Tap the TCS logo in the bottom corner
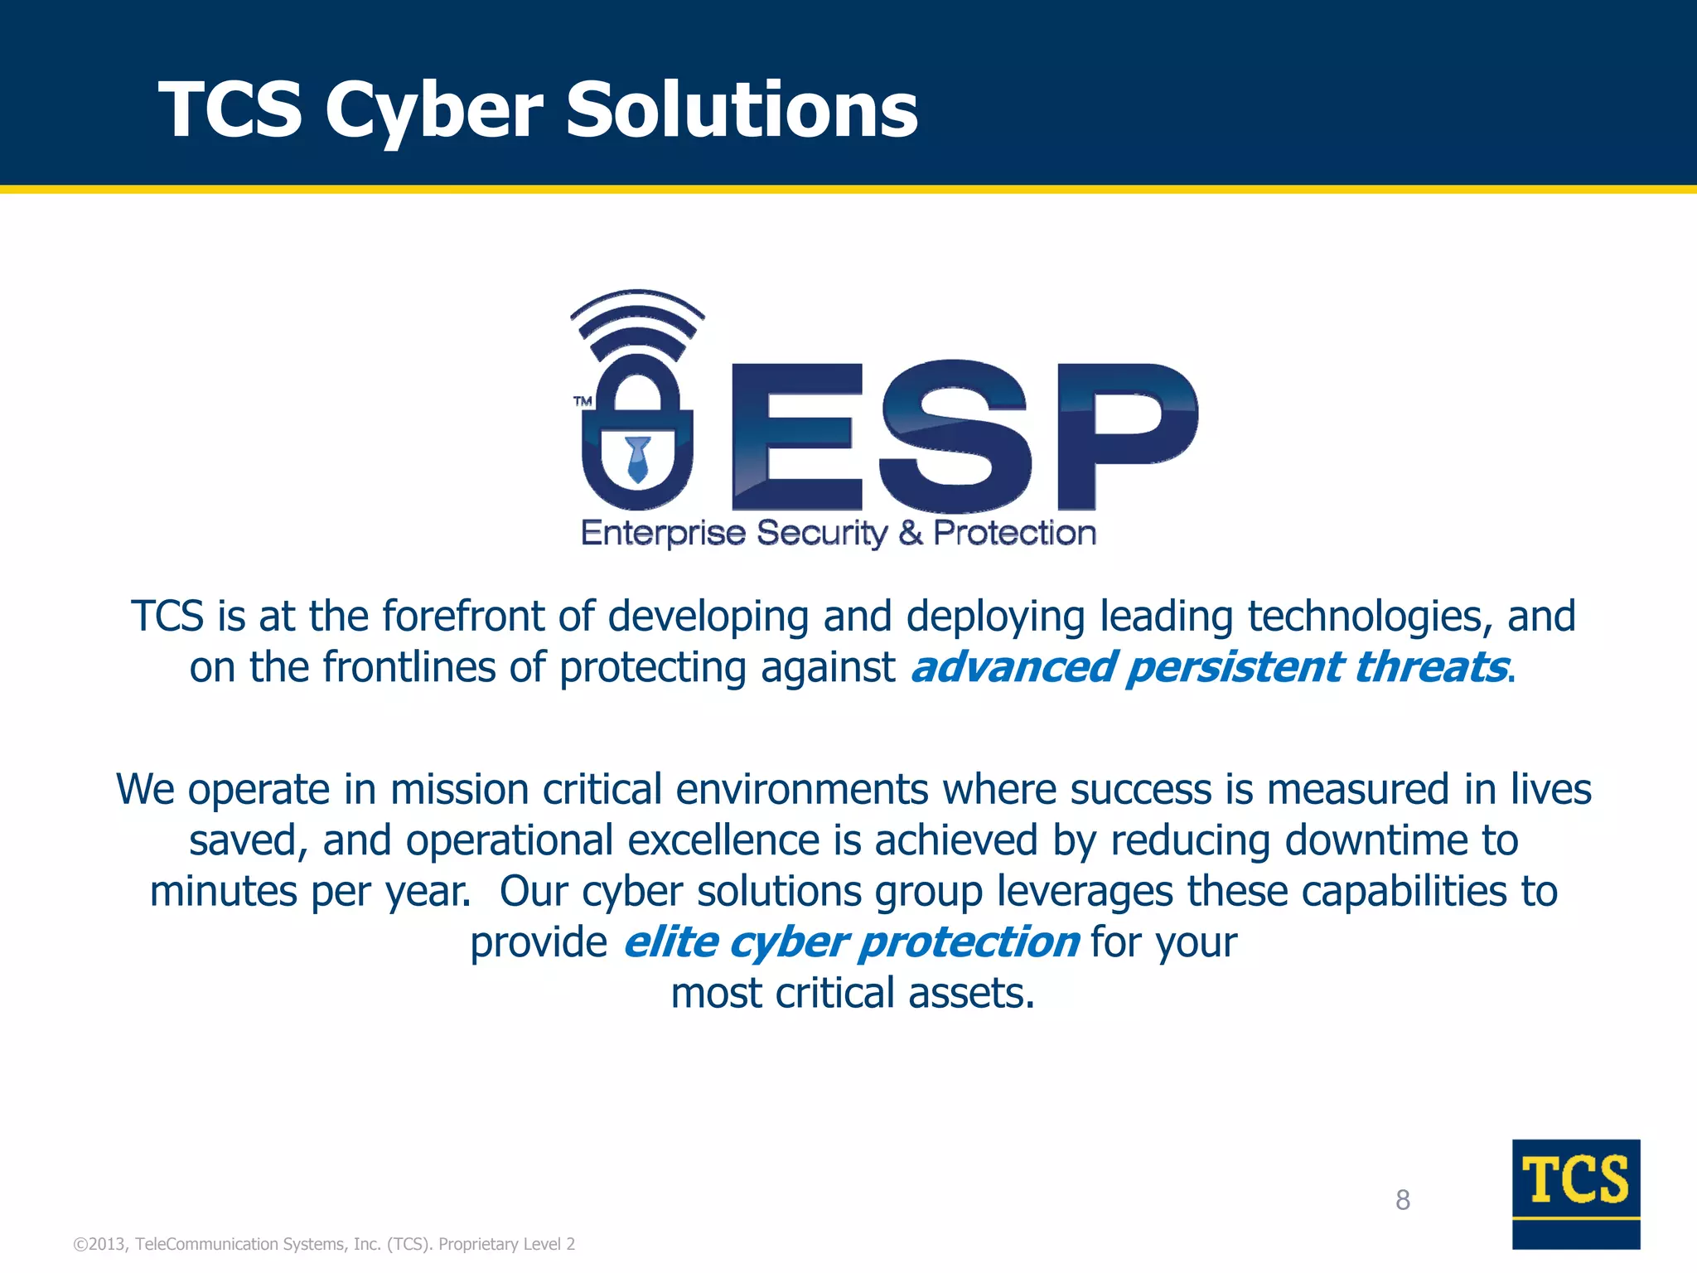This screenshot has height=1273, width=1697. coord(1575,1193)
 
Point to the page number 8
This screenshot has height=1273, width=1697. coord(1402,1199)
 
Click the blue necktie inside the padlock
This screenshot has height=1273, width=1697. coord(637,458)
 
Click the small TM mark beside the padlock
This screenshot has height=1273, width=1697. coord(583,401)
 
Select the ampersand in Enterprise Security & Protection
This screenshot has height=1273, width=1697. coord(910,533)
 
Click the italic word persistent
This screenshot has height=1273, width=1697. coord(1233,667)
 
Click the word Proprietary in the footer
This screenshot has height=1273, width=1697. coord(477,1244)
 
